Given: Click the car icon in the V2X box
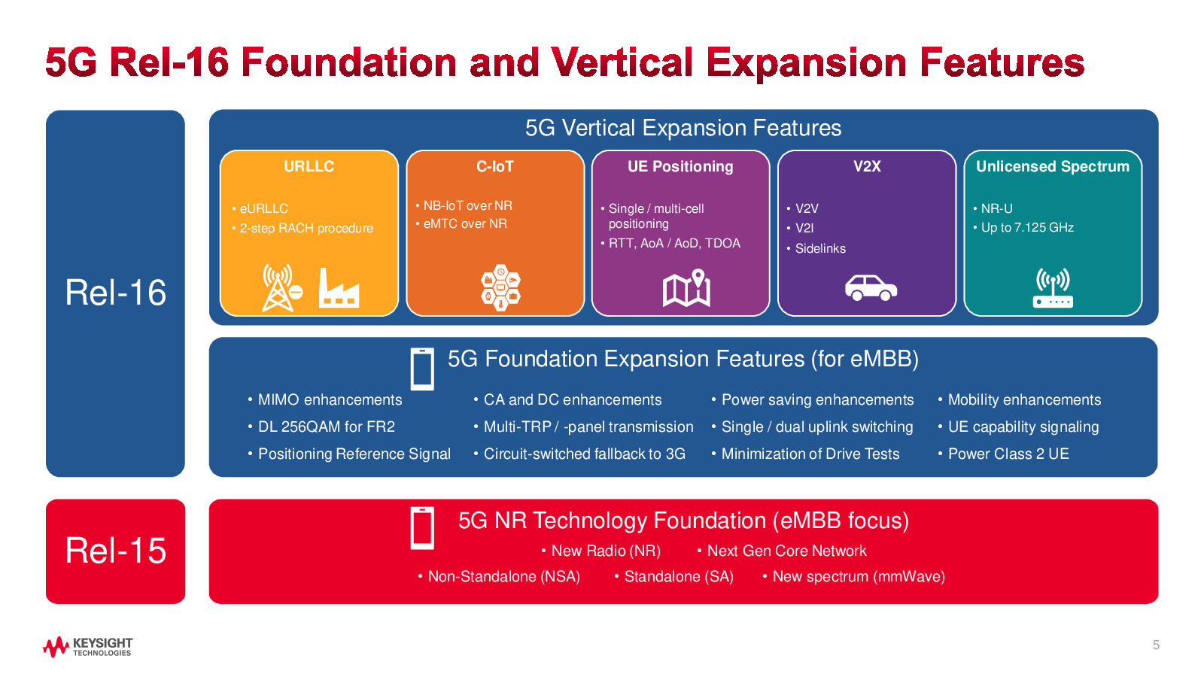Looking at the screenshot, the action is click(871, 287).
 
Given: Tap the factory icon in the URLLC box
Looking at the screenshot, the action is click(339, 289).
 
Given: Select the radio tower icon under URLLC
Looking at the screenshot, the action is click(282, 287).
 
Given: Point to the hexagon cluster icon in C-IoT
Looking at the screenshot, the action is click(500, 287).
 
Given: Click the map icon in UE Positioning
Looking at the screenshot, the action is click(686, 288).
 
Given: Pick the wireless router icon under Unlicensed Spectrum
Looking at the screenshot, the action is click(1053, 288).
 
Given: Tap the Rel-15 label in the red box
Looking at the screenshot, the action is click(116, 551).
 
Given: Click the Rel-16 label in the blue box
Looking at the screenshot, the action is click(116, 293).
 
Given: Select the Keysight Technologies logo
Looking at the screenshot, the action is click(87, 646).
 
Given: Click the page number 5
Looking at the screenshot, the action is click(1156, 645).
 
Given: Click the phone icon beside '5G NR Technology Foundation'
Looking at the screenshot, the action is click(422, 528).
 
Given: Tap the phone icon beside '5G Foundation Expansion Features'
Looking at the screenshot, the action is click(422, 369).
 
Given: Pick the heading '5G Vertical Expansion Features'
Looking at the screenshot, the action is click(683, 128).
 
